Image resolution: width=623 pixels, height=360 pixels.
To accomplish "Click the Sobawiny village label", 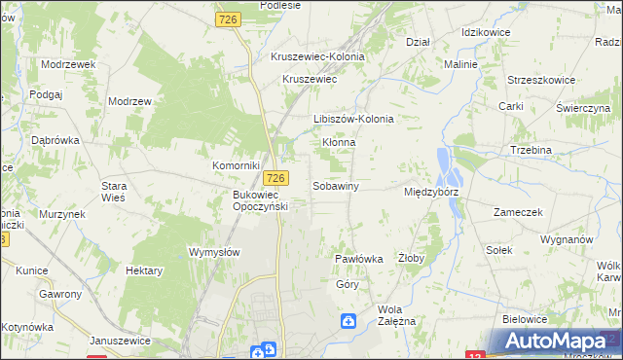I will point(336,185).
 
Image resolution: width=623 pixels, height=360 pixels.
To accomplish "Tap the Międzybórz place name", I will point(431,193).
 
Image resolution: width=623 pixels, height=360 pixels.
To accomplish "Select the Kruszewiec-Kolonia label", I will point(317,56).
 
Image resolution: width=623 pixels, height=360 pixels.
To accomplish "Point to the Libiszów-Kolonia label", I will point(353,119).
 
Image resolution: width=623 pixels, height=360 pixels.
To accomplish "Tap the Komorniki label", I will point(235,166).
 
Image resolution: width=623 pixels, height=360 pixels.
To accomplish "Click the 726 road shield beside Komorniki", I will point(276,178).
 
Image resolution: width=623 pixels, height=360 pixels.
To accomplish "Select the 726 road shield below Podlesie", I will point(230,19).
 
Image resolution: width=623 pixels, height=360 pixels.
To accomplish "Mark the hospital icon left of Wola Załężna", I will point(348,320).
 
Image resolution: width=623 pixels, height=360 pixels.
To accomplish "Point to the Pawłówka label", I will point(358,260).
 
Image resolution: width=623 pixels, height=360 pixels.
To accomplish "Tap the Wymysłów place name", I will point(213,251).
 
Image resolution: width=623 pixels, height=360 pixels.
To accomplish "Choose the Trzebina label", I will point(531,150).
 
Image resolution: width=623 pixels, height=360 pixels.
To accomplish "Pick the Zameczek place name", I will point(517,211).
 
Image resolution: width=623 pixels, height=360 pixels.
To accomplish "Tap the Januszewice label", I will point(120,341).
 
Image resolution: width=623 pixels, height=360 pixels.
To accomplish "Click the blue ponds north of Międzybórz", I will point(449,168).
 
